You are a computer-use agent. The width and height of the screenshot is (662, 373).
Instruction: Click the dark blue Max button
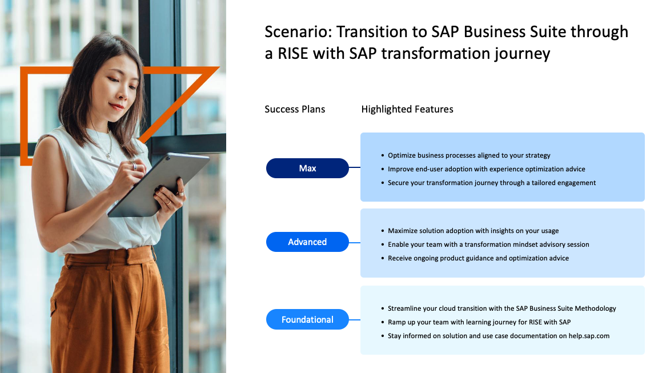[x=307, y=168]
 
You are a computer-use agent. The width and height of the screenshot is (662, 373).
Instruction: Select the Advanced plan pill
[x=307, y=242]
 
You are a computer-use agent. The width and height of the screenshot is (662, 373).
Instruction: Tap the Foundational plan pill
[x=307, y=320]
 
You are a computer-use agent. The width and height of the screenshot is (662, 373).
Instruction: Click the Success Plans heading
[x=295, y=110]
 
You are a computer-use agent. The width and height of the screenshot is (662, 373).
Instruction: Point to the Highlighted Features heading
[x=407, y=110]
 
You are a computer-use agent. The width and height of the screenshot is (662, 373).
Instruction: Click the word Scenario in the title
[x=298, y=32]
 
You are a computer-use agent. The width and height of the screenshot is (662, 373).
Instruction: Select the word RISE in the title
[x=294, y=54]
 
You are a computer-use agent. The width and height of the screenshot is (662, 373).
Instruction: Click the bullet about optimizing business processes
[x=468, y=155]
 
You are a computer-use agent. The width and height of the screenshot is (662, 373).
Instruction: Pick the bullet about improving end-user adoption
[x=487, y=169]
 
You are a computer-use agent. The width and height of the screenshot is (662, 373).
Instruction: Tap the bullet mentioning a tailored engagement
[x=491, y=183]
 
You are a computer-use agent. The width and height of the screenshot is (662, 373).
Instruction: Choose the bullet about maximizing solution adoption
[x=473, y=231]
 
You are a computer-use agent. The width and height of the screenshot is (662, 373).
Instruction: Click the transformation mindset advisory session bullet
[x=488, y=244]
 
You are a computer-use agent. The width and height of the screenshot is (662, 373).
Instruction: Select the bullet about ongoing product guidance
[x=478, y=258]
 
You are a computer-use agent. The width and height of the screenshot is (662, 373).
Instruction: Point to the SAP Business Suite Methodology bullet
[x=501, y=308]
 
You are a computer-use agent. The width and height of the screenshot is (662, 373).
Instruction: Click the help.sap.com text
[x=589, y=336]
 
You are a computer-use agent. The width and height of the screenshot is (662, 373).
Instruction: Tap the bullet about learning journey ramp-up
[x=479, y=322]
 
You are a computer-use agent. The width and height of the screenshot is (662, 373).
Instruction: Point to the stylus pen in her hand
[x=106, y=163]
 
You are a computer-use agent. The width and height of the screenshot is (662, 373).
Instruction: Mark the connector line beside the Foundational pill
[x=355, y=320]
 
